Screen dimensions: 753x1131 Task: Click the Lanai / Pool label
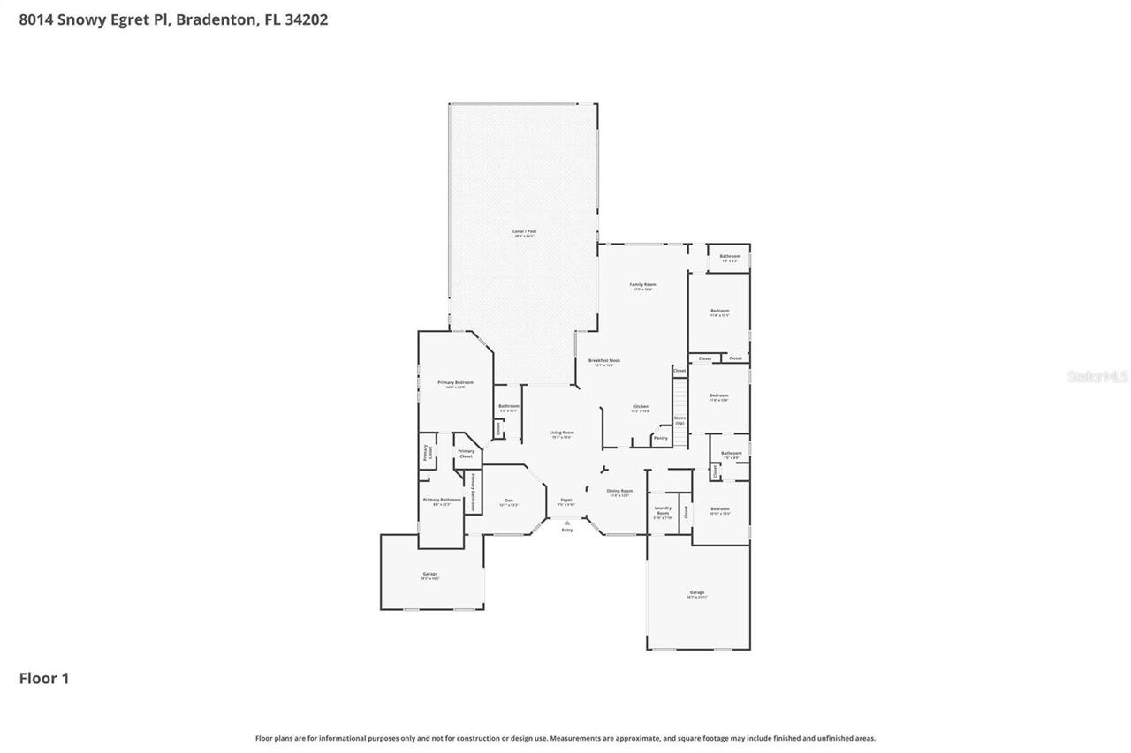(525, 233)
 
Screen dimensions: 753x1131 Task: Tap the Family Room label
(642, 286)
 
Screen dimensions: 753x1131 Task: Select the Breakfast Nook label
(604, 362)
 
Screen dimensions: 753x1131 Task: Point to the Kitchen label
(641, 409)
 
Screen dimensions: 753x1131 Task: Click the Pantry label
(660, 438)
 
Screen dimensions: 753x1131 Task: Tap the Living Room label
(562, 434)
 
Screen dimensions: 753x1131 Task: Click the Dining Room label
(619, 493)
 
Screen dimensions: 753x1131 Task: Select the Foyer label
(566, 502)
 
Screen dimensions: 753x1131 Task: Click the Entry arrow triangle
(567, 523)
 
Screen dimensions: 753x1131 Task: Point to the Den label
(509, 502)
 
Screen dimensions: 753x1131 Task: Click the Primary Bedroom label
(456, 384)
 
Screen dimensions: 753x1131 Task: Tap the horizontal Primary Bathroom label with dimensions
(442, 501)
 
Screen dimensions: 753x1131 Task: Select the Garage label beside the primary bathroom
(430, 576)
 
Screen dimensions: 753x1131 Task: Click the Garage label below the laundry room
(697, 594)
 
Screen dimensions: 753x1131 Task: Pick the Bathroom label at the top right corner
(730, 258)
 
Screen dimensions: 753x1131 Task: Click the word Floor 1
(44, 679)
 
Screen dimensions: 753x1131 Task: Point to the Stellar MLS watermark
(1097, 377)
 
